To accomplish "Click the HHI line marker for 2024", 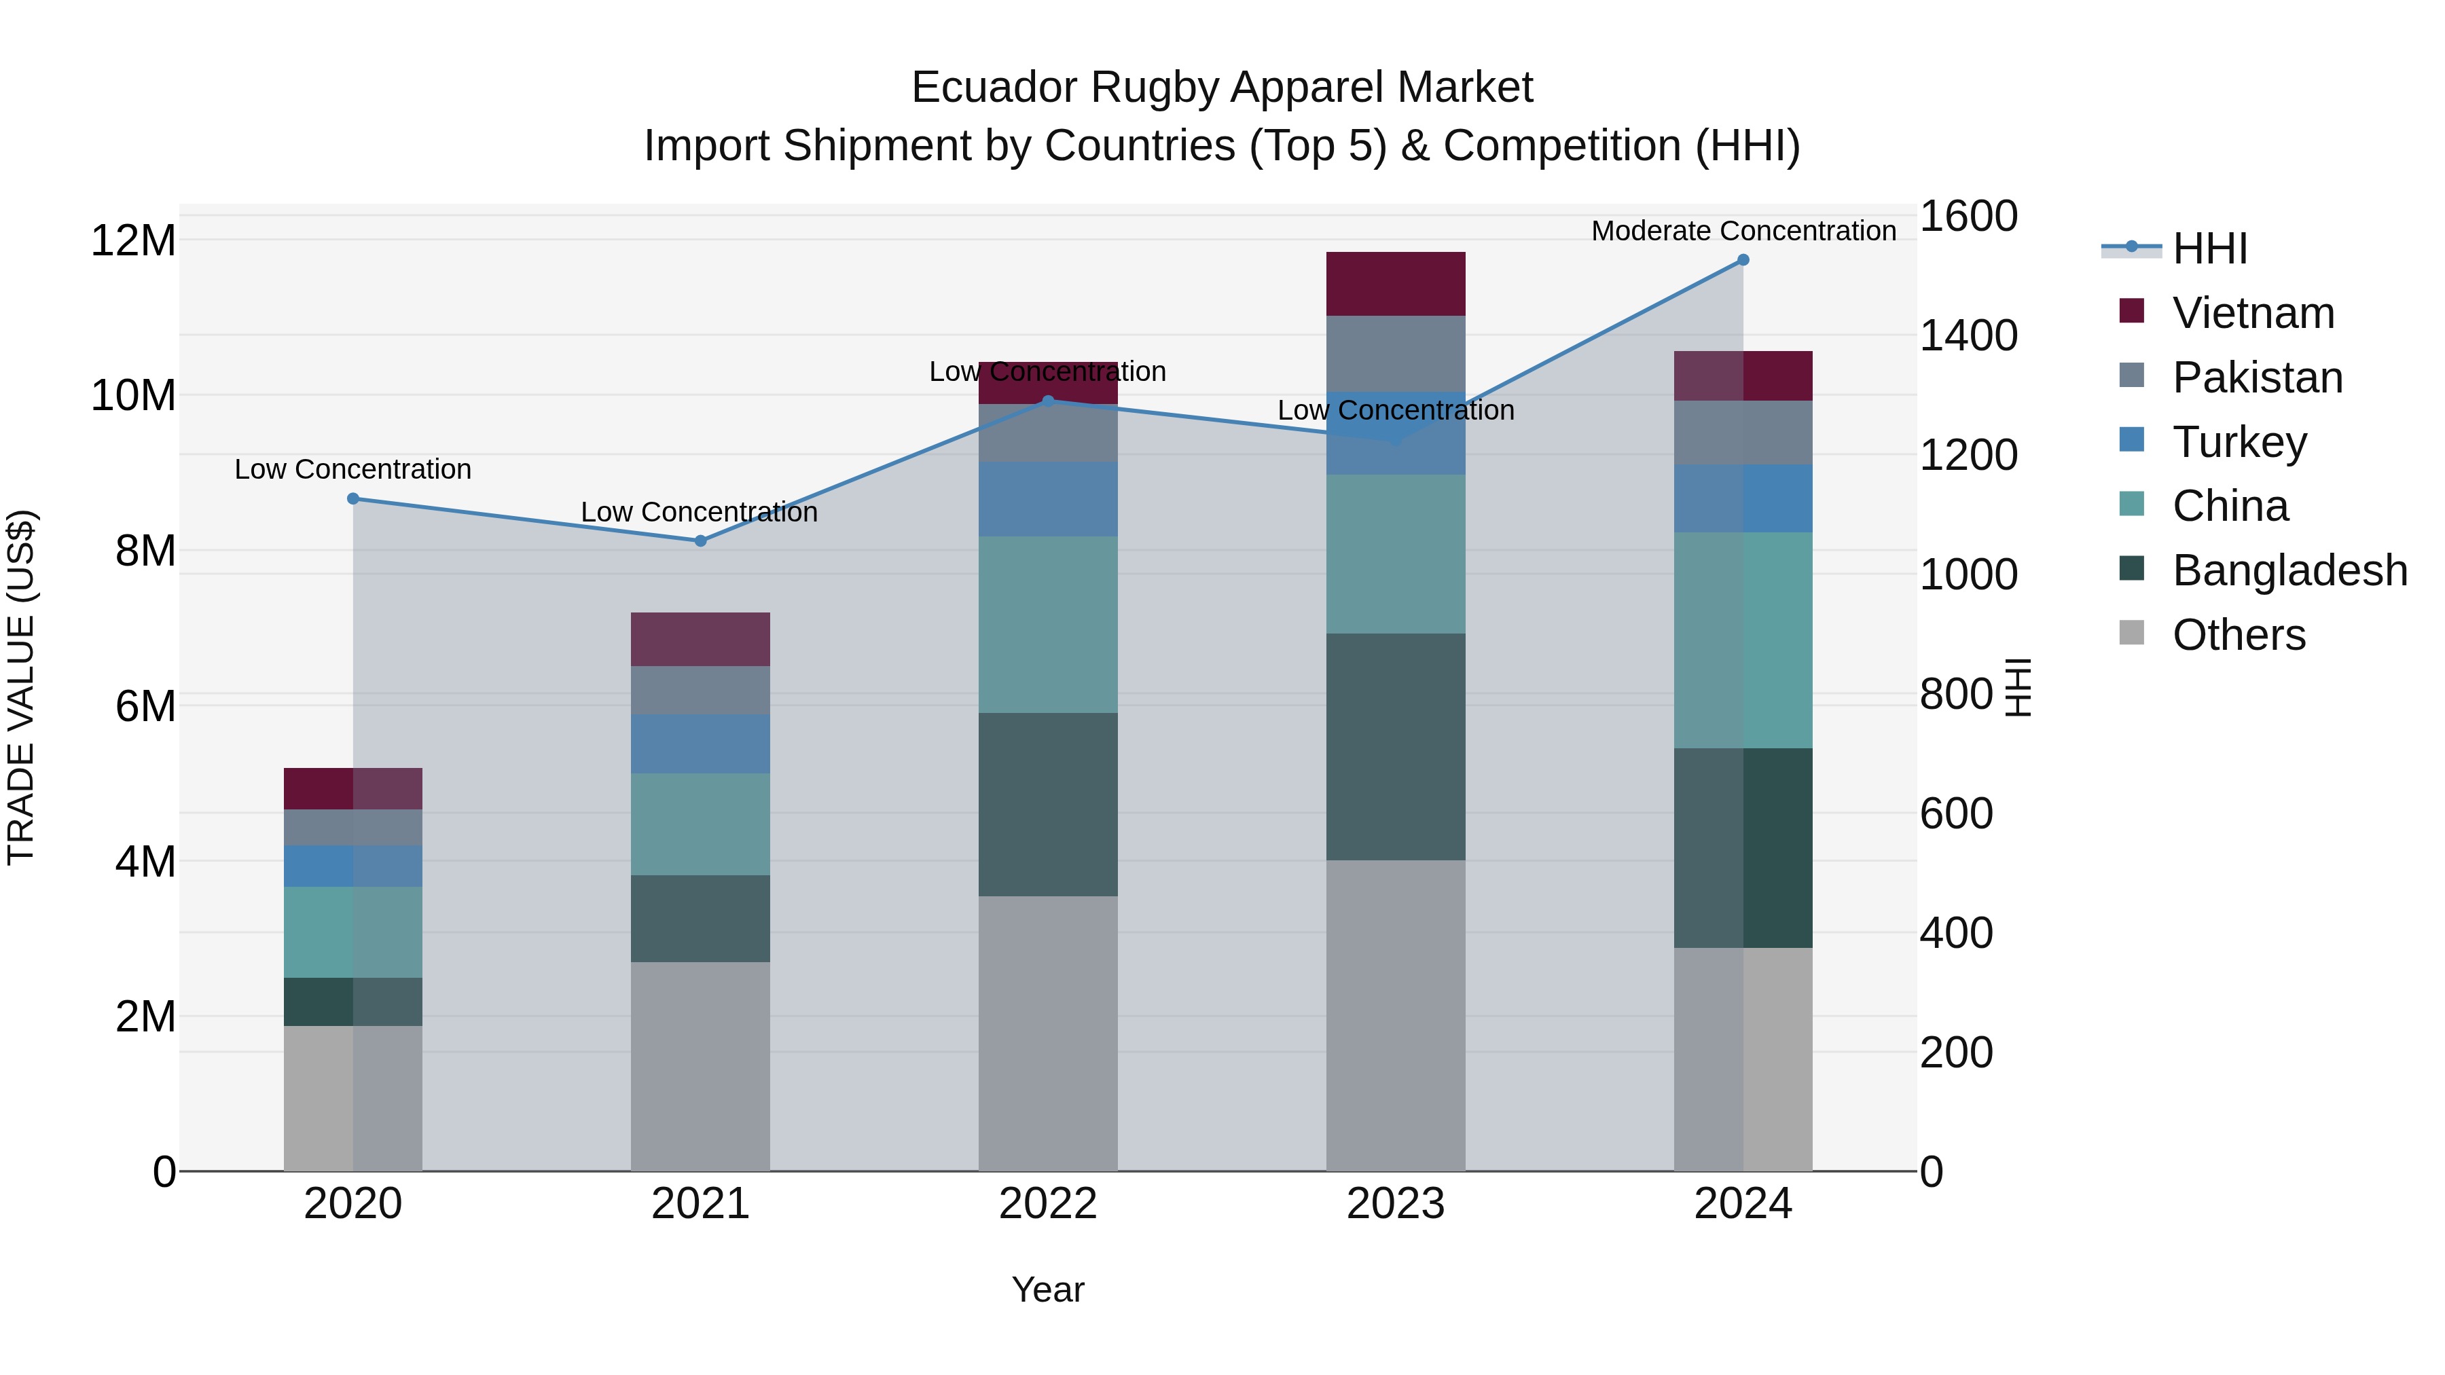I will [x=1743, y=260].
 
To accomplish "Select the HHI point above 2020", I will [x=353, y=498].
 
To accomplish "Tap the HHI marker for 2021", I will [x=700, y=541].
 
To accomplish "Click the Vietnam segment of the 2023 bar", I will [x=1395, y=284].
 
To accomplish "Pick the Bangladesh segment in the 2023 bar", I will [x=1395, y=747].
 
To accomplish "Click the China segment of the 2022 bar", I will [x=1048, y=625].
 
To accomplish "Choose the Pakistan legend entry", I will [x=2257, y=378].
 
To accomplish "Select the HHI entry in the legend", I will [x=2209, y=249].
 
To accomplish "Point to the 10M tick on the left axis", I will [x=133, y=395].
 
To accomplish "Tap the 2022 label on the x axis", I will [x=1048, y=1204].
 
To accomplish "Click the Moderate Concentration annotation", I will [x=1743, y=231].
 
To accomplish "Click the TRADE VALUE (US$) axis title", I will [x=21, y=687].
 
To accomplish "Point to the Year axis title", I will [x=1048, y=1289].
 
